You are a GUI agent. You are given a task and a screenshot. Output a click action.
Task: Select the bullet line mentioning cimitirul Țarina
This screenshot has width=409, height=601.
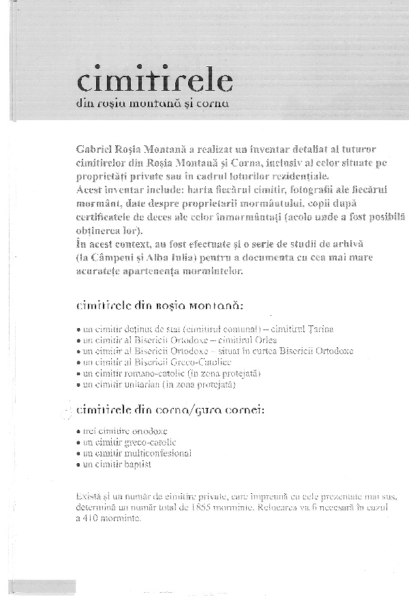click(x=204, y=329)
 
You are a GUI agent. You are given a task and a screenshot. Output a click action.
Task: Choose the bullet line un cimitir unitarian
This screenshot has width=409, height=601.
click(x=156, y=385)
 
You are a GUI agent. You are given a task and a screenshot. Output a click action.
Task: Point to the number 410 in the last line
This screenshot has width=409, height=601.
click(x=95, y=518)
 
